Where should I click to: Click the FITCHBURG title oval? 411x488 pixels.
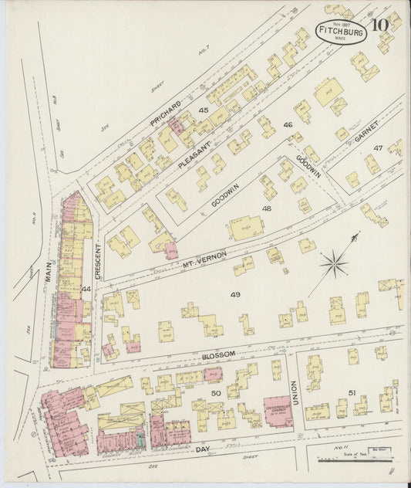[x=340, y=32]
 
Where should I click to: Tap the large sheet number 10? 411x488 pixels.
[x=379, y=25]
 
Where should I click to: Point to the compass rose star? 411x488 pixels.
[x=333, y=266]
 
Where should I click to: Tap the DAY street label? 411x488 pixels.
[x=202, y=448]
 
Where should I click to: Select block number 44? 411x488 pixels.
[x=86, y=289]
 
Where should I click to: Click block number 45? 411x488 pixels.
[x=204, y=110]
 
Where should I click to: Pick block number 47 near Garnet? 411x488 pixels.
[x=378, y=147]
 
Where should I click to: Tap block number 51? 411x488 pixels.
[x=352, y=394]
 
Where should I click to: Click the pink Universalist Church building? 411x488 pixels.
[x=278, y=412]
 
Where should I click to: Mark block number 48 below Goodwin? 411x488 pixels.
[x=267, y=208]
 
